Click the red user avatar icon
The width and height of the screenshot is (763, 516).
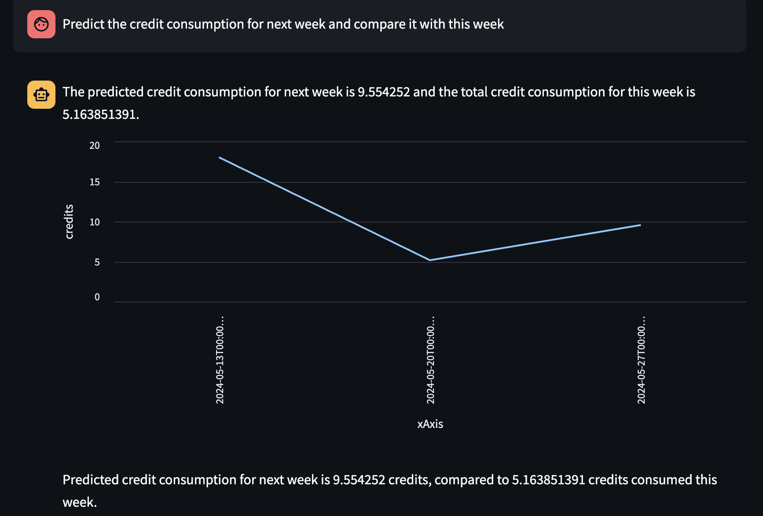point(41,24)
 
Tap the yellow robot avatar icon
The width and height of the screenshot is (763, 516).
point(41,95)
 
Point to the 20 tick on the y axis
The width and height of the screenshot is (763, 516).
point(95,146)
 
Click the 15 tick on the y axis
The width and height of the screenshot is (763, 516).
point(95,182)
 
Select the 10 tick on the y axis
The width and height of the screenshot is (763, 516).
point(95,222)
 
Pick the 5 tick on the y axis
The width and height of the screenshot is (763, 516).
point(97,262)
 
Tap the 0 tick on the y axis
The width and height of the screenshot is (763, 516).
point(97,297)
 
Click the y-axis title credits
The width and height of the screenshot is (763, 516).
point(69,222)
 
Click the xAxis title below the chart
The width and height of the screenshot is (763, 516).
point(430,424)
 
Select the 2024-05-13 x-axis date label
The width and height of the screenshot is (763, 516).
point(220,360)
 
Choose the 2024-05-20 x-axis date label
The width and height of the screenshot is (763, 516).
point(431,360)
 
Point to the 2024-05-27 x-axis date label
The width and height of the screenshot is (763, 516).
point(642,360)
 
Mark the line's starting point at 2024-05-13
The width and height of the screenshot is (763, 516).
point(220,158)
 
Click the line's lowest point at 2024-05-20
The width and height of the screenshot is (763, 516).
point(430,260)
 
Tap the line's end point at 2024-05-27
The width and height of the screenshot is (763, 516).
point(640,225)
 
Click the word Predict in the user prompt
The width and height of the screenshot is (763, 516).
point(84,24)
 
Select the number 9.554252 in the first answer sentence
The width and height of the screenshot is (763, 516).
point(383,92)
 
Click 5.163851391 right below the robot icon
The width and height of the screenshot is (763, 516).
point(100,114)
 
